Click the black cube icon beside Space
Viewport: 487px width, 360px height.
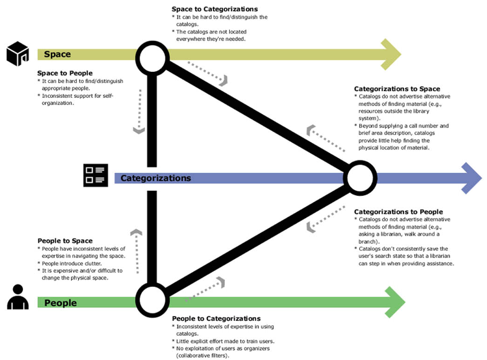[18, 54]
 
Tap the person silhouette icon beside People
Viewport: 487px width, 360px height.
[18, 297]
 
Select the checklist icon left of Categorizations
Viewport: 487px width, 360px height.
[95, 175]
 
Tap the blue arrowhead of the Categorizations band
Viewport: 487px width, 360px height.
[472, 178]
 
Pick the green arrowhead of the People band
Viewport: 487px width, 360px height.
[395, 302]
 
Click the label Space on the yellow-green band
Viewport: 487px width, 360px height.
[58, 54]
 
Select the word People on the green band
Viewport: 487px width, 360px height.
[61, 302]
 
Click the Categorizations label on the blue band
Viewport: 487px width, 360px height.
[156, 178]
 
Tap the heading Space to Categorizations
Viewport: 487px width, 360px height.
[214, 9]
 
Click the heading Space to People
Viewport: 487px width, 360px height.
[65, 73]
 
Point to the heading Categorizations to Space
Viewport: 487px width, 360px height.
[397, 89]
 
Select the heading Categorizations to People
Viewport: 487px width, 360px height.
[398, 212]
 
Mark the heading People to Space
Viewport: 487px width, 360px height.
[65, 241]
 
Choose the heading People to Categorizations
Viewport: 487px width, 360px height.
[216, 318]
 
